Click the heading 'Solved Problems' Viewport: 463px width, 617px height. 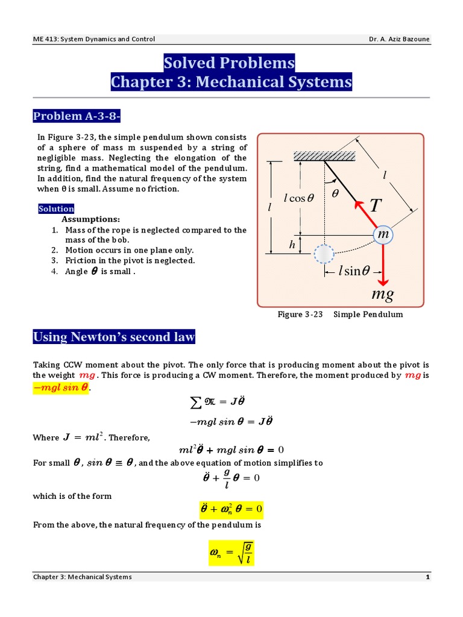(x=229, y=63)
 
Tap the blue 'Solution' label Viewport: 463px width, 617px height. (x=56, y=209)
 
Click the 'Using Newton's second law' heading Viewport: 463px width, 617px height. (x=114, y=337)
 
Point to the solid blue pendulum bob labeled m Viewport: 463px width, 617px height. (x=382, y=235)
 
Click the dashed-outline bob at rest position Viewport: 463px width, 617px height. (x=324, y=254)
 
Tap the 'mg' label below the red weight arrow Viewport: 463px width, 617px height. (x=382, y=295)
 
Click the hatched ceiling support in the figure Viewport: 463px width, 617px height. (x=324, y=156)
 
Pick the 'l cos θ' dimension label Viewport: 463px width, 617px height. (x=300, y=198)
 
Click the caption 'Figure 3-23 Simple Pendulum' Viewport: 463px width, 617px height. (x=340, y=315)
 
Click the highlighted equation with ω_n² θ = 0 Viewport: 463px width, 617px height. (x=231, y=510)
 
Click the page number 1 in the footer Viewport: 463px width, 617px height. (x=427, y=577)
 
